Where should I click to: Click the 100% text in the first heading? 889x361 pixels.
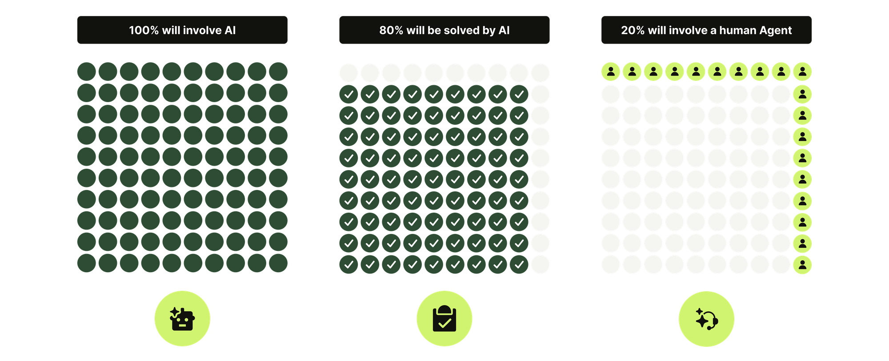click(144, 30)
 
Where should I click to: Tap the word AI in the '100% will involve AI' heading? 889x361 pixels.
click(230, 30)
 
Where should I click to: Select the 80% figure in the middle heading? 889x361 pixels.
click(391, 30)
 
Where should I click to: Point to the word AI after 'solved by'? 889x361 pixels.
click(504, 30)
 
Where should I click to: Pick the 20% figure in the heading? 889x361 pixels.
click(633, 30)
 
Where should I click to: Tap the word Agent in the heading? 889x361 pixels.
click(775, 30)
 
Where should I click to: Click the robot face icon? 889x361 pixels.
click(182, 319)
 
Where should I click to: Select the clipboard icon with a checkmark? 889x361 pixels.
click(444, 319)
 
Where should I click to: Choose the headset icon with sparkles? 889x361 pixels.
click(706, 319)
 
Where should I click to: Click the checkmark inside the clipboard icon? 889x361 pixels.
click(444, 324)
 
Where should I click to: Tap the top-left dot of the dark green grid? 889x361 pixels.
click(87, 71)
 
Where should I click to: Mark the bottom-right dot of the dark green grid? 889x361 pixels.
click(278, 263)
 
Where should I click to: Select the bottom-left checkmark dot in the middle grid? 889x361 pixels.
click(348, 265)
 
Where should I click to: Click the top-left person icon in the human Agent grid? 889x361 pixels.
click(611, 71)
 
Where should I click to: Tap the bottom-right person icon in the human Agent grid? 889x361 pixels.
click(802, 265)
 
